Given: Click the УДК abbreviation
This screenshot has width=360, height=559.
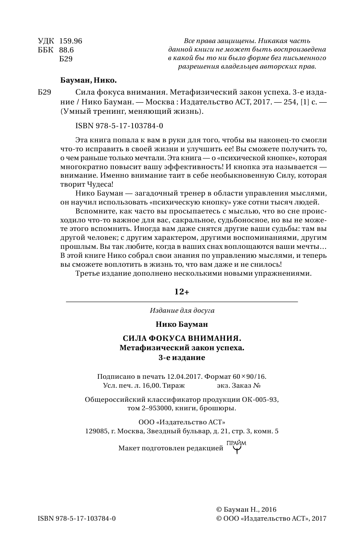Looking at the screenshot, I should (x=46, y=41).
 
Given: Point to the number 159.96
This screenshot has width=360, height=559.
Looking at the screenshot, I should (x=70, y=41).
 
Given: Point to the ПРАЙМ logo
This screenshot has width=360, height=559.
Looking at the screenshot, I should (x=236, y=447).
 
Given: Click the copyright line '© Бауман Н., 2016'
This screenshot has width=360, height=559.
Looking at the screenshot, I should (x=247, y=509).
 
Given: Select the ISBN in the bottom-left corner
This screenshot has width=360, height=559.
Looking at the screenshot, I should (x=77, y=518).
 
